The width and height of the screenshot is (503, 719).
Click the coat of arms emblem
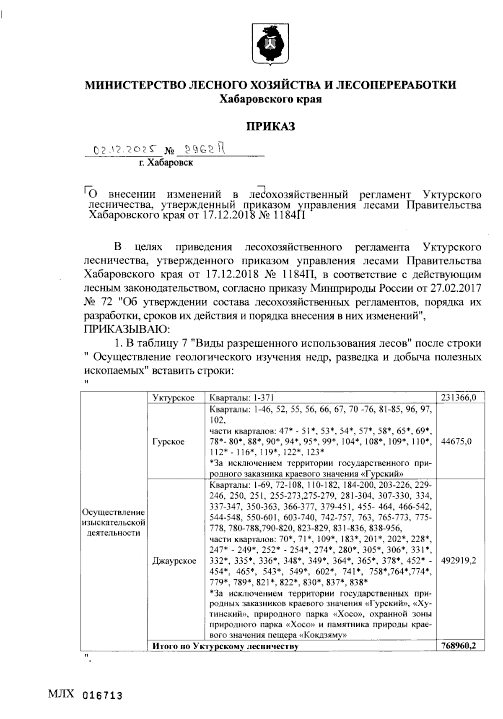[270, 44]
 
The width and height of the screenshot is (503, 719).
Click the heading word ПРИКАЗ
[270, 126]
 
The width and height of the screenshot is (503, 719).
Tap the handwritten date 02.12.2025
[125, 149]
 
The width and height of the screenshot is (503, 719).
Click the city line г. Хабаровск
[166, 162]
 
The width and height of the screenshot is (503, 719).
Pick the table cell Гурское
[169, 442]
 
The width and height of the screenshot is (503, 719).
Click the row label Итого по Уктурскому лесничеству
[225, 646]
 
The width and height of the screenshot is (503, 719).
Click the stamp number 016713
[103, 695]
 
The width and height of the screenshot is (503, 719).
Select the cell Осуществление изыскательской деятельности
[113, 523]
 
